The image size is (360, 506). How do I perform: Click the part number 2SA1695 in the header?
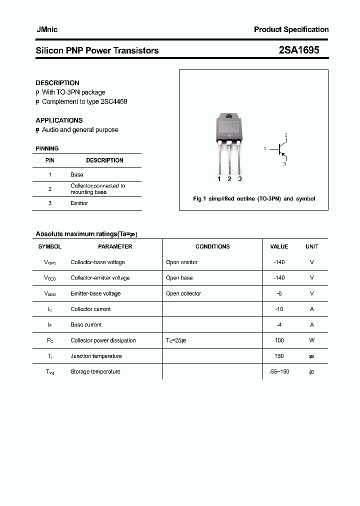[298, 50]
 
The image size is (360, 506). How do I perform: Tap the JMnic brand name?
[46, 29]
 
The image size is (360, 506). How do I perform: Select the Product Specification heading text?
[291, 29]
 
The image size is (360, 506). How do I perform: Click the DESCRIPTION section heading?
[57, 83]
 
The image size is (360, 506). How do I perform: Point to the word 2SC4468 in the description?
[114, 101]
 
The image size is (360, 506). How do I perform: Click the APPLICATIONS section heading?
[59, 120]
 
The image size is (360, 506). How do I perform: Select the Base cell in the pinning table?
[77, 174]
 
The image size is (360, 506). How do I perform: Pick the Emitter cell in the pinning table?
[79, 203]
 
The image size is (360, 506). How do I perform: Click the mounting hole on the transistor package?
[229, 117]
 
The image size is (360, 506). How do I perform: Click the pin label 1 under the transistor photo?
[219, 178]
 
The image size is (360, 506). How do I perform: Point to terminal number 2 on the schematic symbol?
[286, 135]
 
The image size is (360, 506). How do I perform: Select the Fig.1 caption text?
[254, 198]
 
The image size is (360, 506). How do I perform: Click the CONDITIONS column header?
[212, 246]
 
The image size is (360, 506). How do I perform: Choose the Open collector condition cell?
[183, 293]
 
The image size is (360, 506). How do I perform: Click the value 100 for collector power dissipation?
[279, 340]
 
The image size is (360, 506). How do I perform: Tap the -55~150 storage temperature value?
[279, 371]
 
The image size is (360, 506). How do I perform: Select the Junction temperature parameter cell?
[96, 356]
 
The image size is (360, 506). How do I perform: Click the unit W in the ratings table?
[311, 340]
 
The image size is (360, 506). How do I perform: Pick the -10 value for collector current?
[279, 309]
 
